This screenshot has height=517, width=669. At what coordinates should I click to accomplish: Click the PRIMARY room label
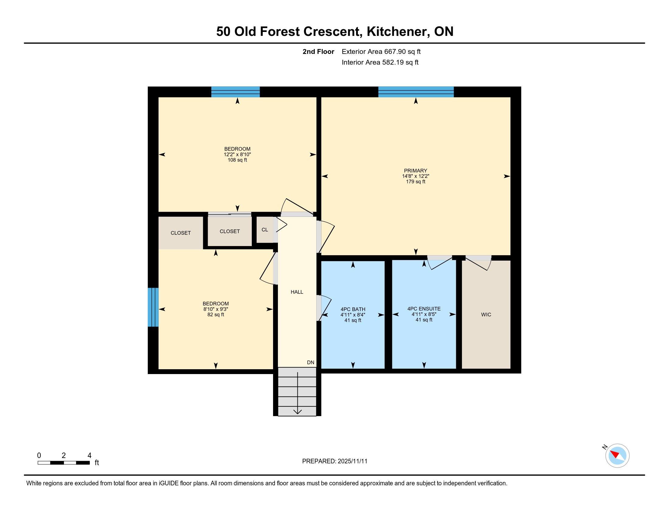pos(415,171)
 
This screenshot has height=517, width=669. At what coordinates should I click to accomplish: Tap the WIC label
pos(486,314)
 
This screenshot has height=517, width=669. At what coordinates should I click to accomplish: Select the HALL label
pos(297,292)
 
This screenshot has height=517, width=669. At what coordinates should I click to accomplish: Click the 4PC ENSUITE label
pos(424,309)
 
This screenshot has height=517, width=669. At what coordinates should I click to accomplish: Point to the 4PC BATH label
pos(353,309)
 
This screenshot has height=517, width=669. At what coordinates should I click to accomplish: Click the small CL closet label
pos(265,230)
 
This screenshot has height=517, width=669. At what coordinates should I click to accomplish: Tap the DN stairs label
pos(310,362)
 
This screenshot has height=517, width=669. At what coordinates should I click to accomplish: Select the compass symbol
pos(617,456)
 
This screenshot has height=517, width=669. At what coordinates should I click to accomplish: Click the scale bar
pos(64,463)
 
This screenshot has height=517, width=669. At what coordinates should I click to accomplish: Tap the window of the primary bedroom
pos(416,92)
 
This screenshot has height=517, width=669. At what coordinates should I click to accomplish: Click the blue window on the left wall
pos(153,307)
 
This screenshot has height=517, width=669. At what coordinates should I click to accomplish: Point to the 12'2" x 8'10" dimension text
pos(237,155)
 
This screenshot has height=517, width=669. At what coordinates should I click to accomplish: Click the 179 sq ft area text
pos(415,182)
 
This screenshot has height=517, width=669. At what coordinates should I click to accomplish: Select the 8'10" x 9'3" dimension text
pos(216,309)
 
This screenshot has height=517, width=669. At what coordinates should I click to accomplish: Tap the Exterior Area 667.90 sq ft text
pos(381,52)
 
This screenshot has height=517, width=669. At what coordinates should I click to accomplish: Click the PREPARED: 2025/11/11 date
pos(334,461)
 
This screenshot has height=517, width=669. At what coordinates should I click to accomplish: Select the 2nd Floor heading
pos(318,52)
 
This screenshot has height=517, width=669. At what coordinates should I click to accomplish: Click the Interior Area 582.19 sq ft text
pos(380,62)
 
